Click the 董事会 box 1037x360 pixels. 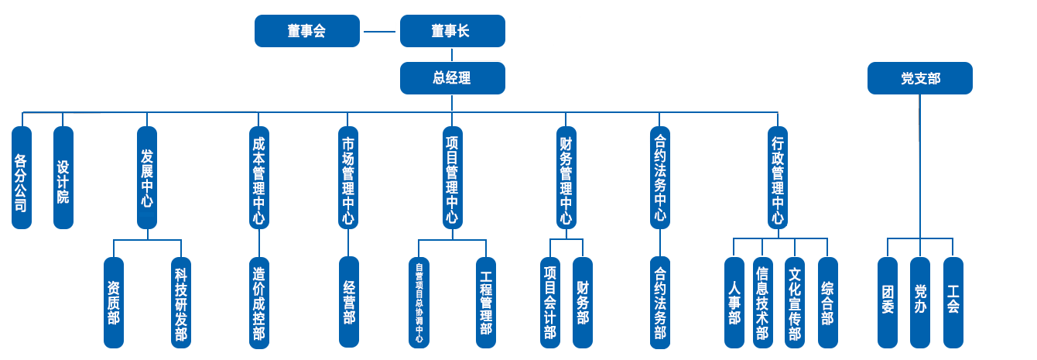pos(307,32)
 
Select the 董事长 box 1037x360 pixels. pos(451,32)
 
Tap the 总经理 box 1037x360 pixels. pos(452,78)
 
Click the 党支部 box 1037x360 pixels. pos(919,78)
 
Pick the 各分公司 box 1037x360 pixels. pos(22,177)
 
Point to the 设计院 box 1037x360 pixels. pos(63,177)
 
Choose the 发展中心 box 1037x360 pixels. pos(146,177)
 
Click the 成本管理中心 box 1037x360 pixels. pos(258,177)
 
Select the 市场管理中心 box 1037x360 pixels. pos(348,177)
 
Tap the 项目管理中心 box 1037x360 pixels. pos(452,177)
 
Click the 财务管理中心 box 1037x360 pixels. pos(566,177)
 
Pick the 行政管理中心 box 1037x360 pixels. pos(777,177)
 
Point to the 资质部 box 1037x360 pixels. pos(114,301)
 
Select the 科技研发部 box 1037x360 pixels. pos(180,301)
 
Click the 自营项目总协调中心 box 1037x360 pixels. pos(419,301)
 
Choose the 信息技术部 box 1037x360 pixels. pos(761,301)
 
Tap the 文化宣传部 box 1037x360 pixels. pos(794,301)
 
